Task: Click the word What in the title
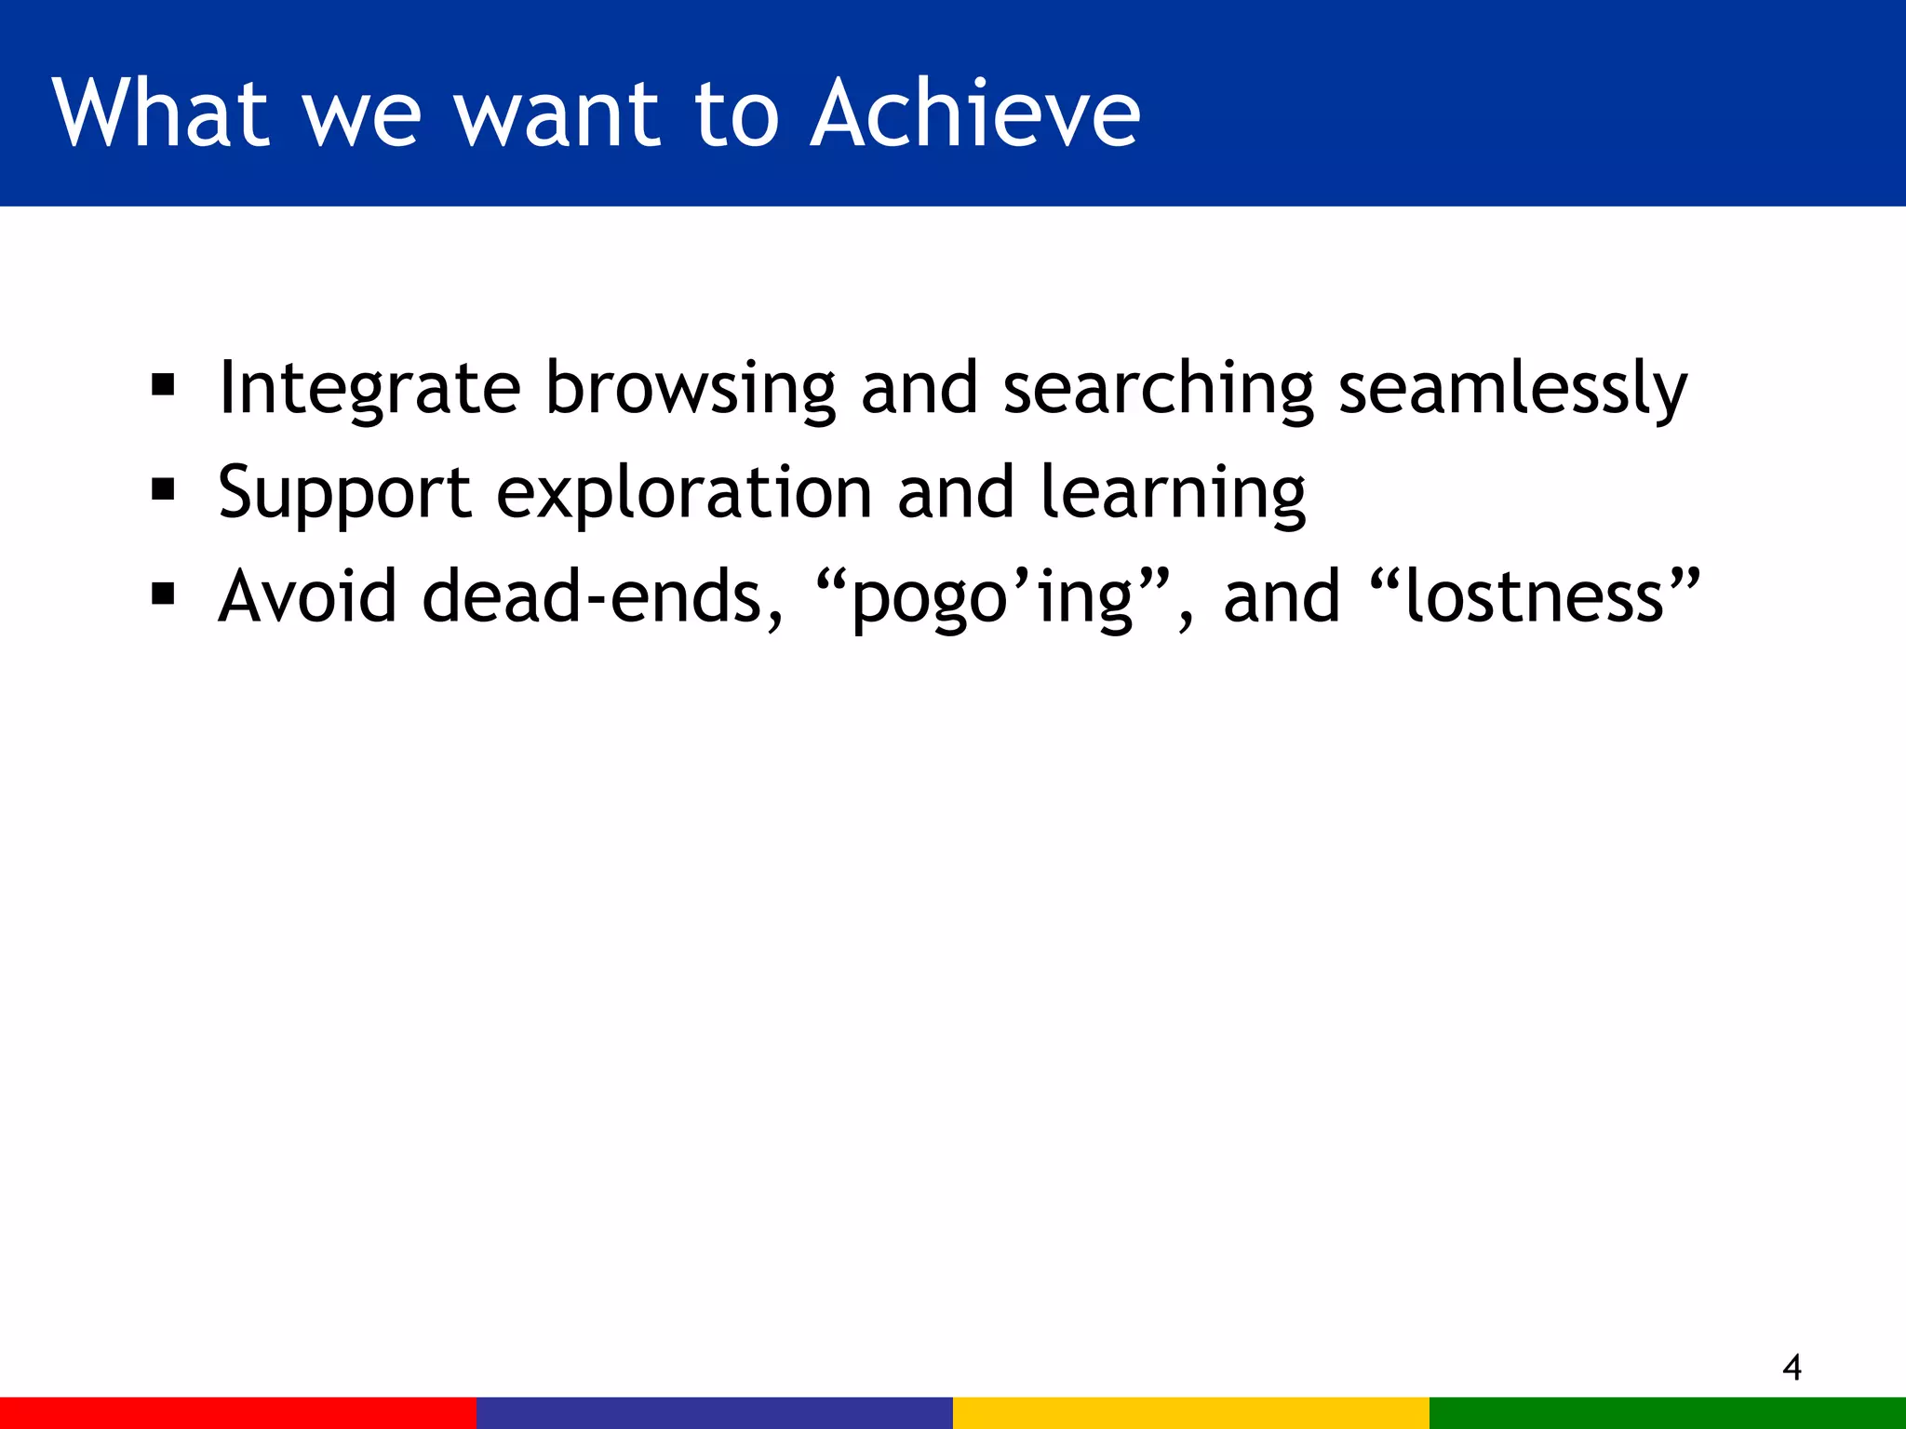pyautogui.click(x=161, y=114)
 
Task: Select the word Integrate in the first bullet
pyautogui.click(x=369, y=389)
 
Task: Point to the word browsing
pyautogui.click(x=690, y=389)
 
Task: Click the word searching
pyautogui.click(x=1158, y=389)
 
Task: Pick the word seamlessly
pyautogui.click(x=1511, y=389)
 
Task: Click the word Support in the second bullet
pyautogui.click(x=343, y=493)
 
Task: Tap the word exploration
pyautogui.click(x=684, y=493)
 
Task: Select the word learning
pyautogui.click(x=1173, y=493)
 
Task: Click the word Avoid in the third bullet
pyautogui.click(x=308, y=596)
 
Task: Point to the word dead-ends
pyautogui.click(x=601, y=596)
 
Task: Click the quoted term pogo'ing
pyautogui.click(x=992, y=598)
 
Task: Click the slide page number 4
pyautogui.click(x=1792, y=1368)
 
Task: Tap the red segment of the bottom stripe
pyautogui.click(x=238, y=1412)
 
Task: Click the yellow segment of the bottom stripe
pyautogui.click(x=1191, y=1412)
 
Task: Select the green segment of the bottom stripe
pyautogui.click(x=1668, y=1412)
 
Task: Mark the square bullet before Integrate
pyautogui.click(x=163, y=386)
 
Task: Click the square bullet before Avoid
pyautogui.click(x=163, y=594)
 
